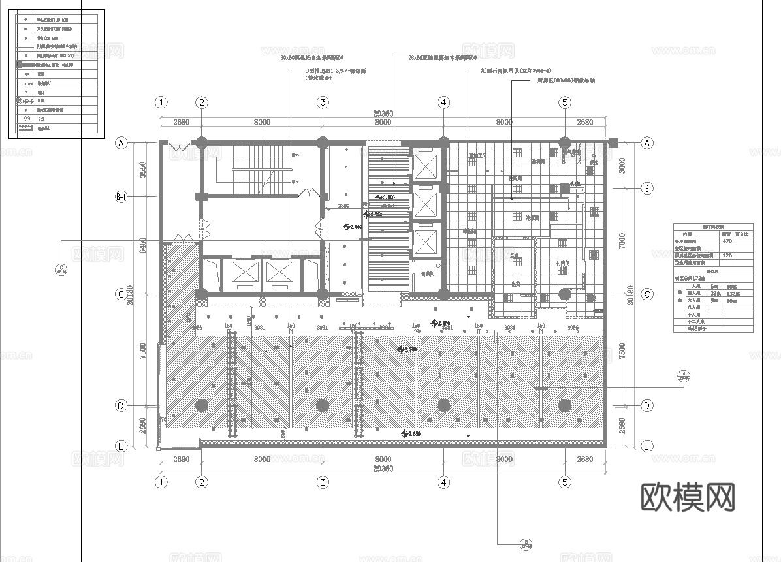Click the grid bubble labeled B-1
click(121, 196)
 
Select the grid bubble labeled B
click(647, 189)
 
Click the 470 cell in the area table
click(726, 241)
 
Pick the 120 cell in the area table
click(726, 256)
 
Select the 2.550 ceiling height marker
click(413, 433)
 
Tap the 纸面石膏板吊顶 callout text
click(516, 70)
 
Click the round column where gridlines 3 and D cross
click(323, 405)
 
